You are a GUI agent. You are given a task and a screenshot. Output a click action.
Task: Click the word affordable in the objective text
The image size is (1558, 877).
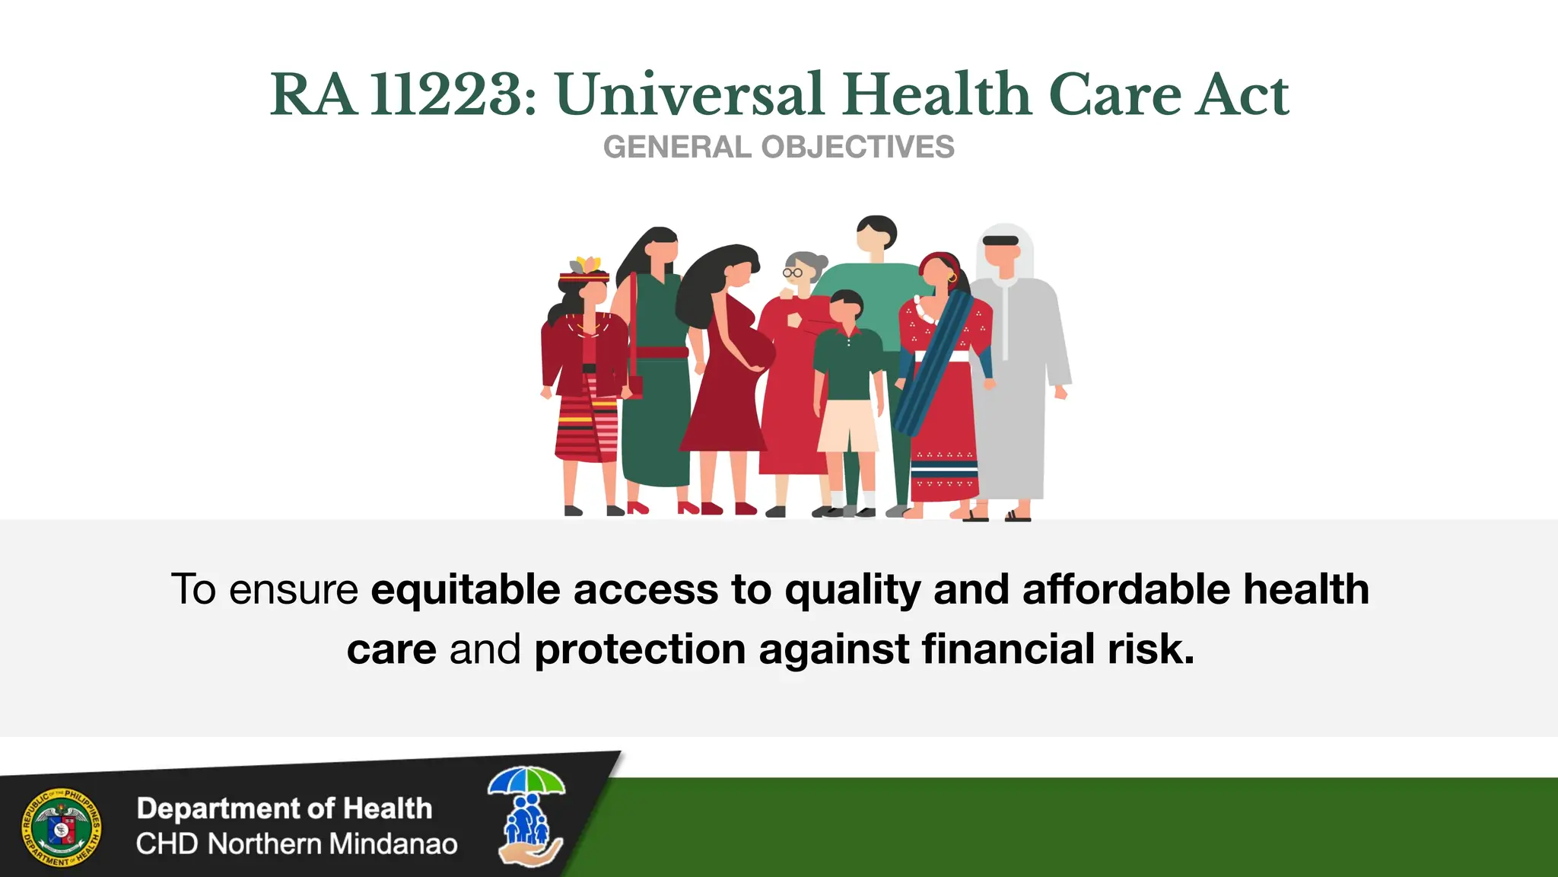point(1126,590)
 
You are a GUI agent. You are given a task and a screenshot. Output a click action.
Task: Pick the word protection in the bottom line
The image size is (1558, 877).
point(640,649)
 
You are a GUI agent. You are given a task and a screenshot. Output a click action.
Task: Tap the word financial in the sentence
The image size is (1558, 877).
point(1008,649)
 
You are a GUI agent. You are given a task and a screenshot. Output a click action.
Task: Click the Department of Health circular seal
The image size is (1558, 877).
point(61,828)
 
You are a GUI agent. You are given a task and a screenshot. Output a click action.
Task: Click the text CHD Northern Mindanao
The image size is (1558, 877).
point(297,844)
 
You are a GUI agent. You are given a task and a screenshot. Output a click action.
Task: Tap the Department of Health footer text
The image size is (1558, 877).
point(284,808)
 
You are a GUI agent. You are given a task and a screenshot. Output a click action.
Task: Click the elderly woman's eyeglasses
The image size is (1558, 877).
point(793,273)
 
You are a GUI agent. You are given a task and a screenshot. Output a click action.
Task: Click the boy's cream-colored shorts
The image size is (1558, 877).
point(847,426)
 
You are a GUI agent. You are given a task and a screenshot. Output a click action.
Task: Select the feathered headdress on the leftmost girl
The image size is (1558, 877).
point(585,267)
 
